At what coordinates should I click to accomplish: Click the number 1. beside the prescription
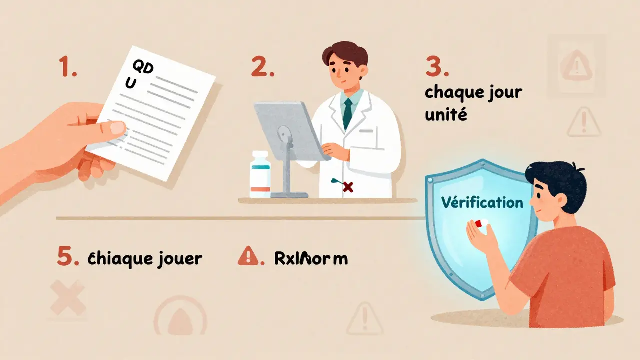coord(67,67)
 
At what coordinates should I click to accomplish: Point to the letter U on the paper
coord(130,84)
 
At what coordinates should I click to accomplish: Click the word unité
coord(445,115)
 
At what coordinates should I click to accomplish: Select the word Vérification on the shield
coord(482,202)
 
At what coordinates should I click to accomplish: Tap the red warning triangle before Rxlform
coord(247,257)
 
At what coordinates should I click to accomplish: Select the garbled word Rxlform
coord(311,258)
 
